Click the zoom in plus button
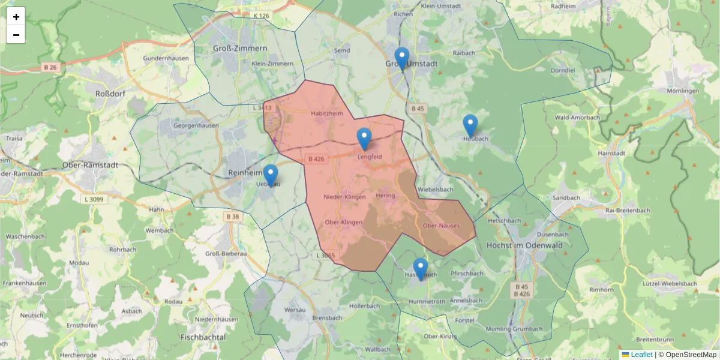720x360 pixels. click(16, 16)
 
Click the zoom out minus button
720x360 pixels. click(16, 35)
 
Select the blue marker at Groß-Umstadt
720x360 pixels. click(402, 59)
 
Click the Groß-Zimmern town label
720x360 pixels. click(240, 48)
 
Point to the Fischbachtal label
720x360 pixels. click(203, 337)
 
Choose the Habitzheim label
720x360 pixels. click(326, 113)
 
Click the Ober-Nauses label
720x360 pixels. click(441, 226)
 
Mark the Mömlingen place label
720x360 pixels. click(683, 91)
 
